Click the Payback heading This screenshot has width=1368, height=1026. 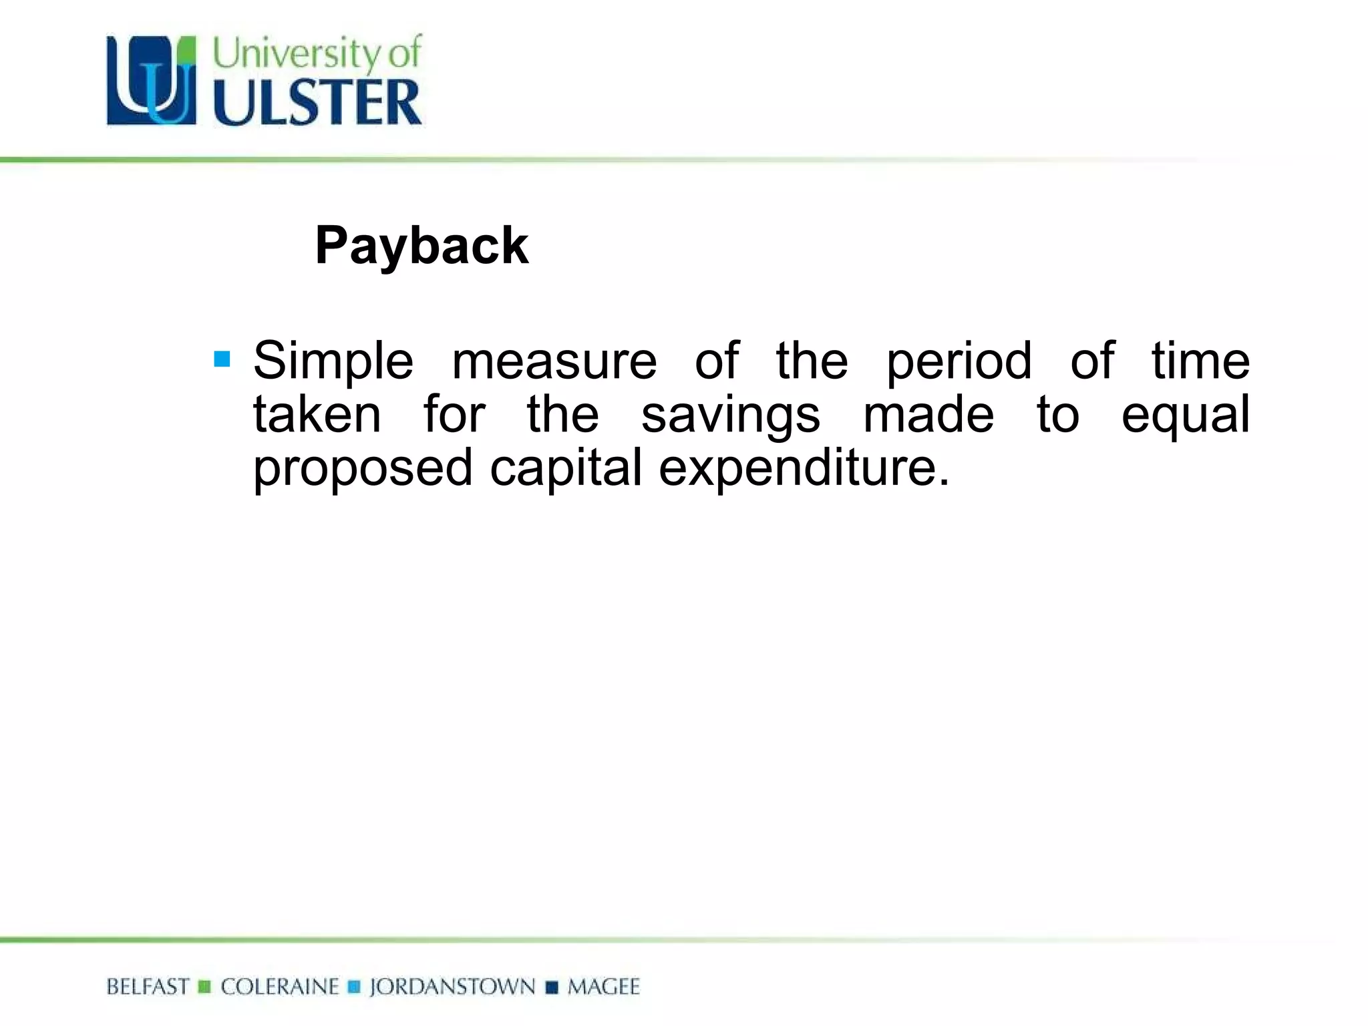point(421,246)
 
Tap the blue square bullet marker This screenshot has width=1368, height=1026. point(222,359)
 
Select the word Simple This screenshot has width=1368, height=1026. point(333,361)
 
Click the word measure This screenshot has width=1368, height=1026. point(554,361)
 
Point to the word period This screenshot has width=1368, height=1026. point(959,361)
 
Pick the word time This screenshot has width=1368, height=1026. point(1200,361)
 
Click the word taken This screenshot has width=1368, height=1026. point(317,414)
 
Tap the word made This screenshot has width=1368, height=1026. point(928,414)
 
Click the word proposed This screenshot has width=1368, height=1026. point(363,469)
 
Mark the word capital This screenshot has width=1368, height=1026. point(566,469)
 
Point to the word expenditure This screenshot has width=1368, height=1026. point(804,469)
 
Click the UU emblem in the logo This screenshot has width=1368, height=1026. point(152,81)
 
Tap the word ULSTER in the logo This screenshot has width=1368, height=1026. point(317,103)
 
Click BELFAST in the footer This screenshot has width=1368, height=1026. point(148,987)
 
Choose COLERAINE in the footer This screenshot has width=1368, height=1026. point(280,987)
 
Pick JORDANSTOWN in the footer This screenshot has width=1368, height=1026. point(452,987)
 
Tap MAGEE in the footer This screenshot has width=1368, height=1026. point(603,987)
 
